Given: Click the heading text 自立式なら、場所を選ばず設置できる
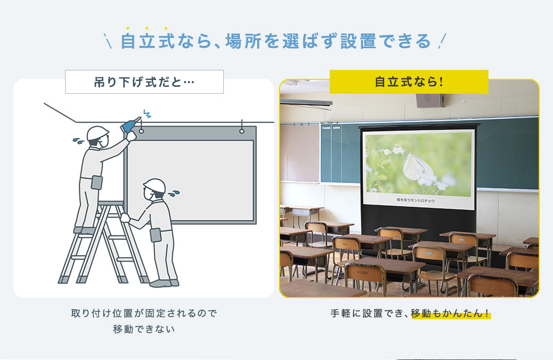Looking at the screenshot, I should point(276,41).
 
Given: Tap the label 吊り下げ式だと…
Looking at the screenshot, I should point(144,82).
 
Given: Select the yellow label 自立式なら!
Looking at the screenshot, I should point(409,82).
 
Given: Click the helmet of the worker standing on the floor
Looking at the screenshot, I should point(153,185).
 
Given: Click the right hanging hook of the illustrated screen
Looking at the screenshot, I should point(242,130).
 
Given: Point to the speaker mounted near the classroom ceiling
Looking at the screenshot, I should point(430,100).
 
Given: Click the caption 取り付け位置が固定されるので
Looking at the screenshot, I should point(144,313).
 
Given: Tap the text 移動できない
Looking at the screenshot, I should point(144,329).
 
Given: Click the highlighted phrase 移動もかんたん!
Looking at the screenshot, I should point(450,313).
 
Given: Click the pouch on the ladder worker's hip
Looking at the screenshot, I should point(96,182).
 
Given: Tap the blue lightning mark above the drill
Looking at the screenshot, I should point(147,114).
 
